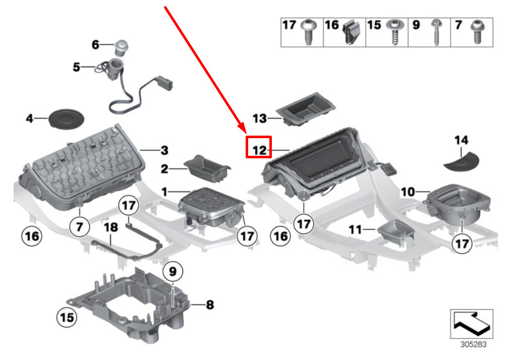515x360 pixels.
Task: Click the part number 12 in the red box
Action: pos(259,149)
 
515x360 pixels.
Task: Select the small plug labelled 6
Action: pos(121,47)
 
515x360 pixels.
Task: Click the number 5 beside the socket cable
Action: pos(76,67)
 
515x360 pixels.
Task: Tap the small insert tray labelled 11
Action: pos(396,233)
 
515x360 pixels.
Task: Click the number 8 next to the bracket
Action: pos(209,305)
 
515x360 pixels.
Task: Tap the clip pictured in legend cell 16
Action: pos(351,33)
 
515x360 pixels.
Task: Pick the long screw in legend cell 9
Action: pos(434,33)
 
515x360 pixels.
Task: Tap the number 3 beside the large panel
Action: pos(164,150)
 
